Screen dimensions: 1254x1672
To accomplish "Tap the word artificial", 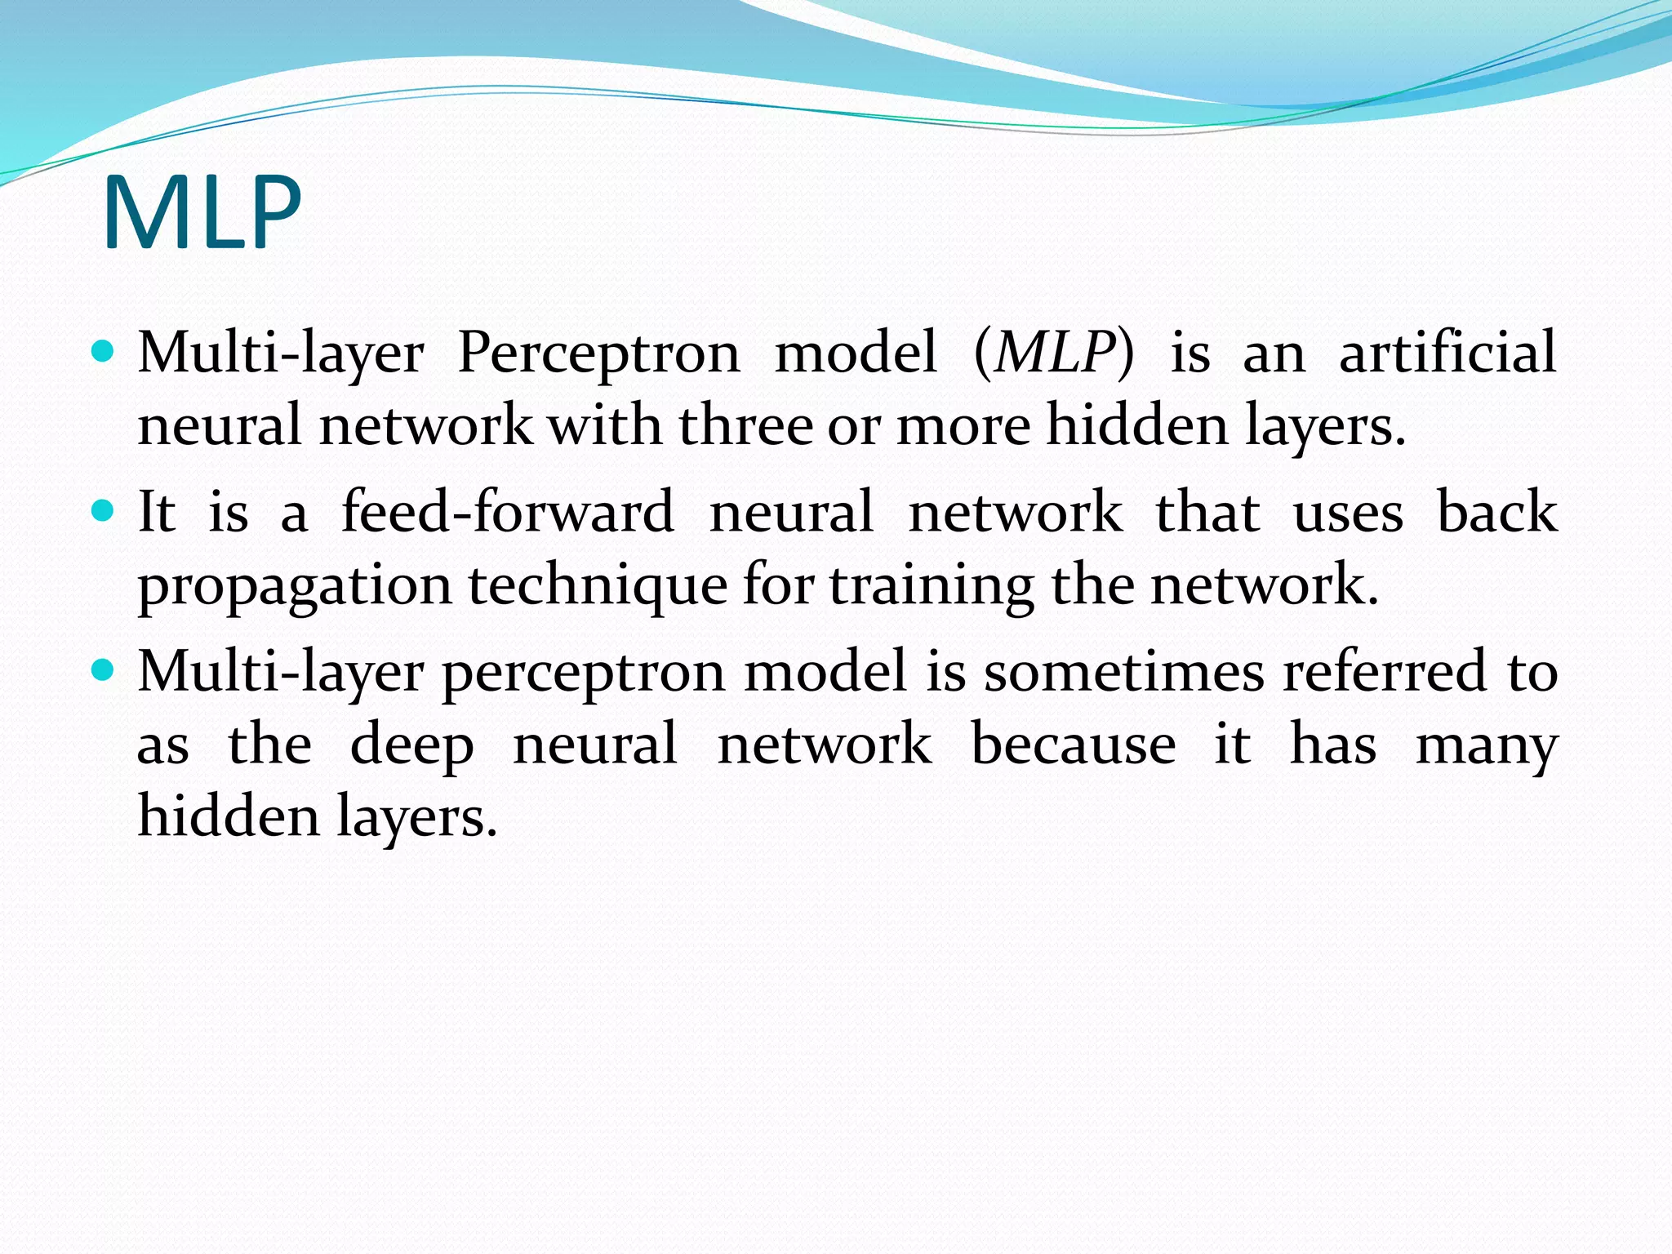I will (1447, 353).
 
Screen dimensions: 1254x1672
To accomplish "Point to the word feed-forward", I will (507, 512).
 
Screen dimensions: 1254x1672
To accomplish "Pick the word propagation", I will (295, 586).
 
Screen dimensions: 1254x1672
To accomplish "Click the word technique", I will (597, 586).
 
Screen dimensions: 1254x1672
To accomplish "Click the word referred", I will (1385, 671).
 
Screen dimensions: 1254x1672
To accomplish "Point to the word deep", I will (411, 745).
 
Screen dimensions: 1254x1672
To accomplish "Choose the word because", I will (1074, 745).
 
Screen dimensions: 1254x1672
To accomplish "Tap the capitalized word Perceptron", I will (598, 353).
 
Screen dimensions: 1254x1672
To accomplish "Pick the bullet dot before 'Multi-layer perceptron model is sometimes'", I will (103, 670).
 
